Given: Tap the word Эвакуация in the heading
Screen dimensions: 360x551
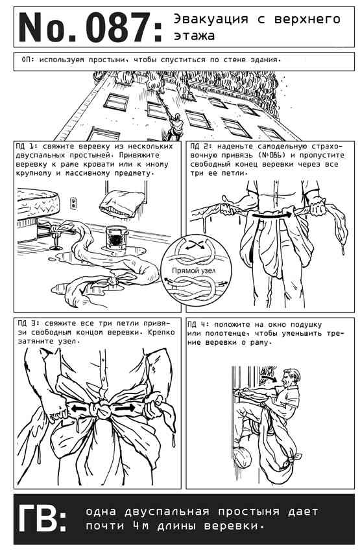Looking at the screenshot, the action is pos(211,19).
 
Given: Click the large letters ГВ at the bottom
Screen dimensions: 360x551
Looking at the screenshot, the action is pos(42,518).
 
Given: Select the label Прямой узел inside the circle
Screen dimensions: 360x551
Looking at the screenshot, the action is pos(194,270).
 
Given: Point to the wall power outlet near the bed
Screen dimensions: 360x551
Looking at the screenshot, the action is pos(73,203).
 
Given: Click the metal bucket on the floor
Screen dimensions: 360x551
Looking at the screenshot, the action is pos(115,237).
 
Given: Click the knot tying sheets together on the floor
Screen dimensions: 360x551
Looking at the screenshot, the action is pos(114,281).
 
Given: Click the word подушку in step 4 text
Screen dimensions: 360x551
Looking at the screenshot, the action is pos(307,325).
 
